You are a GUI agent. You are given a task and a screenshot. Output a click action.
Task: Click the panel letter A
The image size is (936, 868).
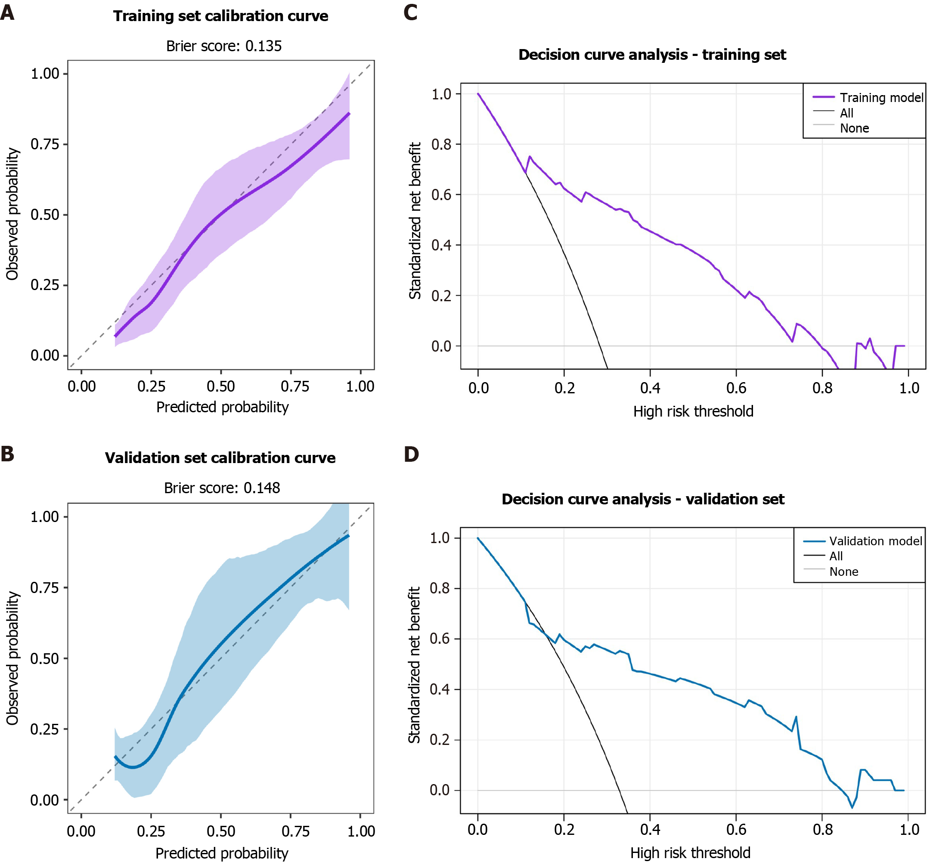(x=7, y=12)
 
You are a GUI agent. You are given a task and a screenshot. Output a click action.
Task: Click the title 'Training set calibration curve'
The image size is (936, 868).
(x=220, y=16)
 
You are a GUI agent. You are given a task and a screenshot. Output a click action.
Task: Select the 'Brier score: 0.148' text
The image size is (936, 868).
(x=222, y=488)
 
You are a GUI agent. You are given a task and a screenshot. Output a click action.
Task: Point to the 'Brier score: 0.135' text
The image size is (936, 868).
(x=223, y=46)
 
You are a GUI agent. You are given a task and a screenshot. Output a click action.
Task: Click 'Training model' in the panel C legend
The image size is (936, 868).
(x=881, y=98)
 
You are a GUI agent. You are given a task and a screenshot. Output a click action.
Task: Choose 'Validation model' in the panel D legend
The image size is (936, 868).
(x=875, y=541)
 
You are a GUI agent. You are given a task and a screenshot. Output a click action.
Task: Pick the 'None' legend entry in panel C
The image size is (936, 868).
(x=854, y=128)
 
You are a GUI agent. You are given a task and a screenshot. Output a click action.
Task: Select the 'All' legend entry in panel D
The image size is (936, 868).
(x=836, y=556)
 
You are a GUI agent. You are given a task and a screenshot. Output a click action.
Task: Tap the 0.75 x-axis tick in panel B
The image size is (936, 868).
(x=295, y=831)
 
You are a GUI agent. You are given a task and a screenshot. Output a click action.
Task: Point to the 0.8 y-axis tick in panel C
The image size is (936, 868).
(x=441, y=144)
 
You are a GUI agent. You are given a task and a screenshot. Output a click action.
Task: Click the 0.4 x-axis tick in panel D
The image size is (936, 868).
(x=650, y=830)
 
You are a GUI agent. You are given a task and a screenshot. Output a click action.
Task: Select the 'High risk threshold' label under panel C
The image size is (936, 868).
(x=693, y=411)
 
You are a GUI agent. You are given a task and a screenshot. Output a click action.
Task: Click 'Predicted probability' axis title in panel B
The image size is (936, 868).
(x=222, y=853)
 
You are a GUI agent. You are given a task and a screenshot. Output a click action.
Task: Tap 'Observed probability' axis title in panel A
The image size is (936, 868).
(x=12, y=214)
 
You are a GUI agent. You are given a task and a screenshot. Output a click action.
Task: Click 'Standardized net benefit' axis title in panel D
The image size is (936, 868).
(x=414, y=665)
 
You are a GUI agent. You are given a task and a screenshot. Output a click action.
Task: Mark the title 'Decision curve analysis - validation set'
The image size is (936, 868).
(x=643, y=499)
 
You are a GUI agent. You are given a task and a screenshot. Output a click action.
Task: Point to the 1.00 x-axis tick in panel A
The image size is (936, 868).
(x=360, y=386)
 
